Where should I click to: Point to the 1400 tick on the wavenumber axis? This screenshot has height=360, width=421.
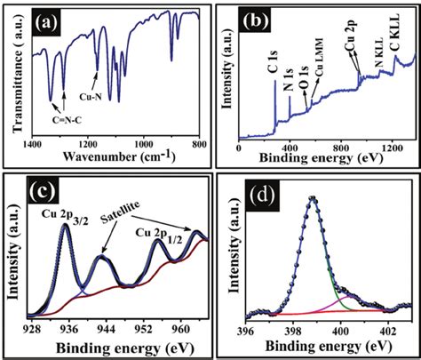[32, 143]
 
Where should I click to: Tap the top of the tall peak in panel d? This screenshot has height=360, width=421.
[311, 198]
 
